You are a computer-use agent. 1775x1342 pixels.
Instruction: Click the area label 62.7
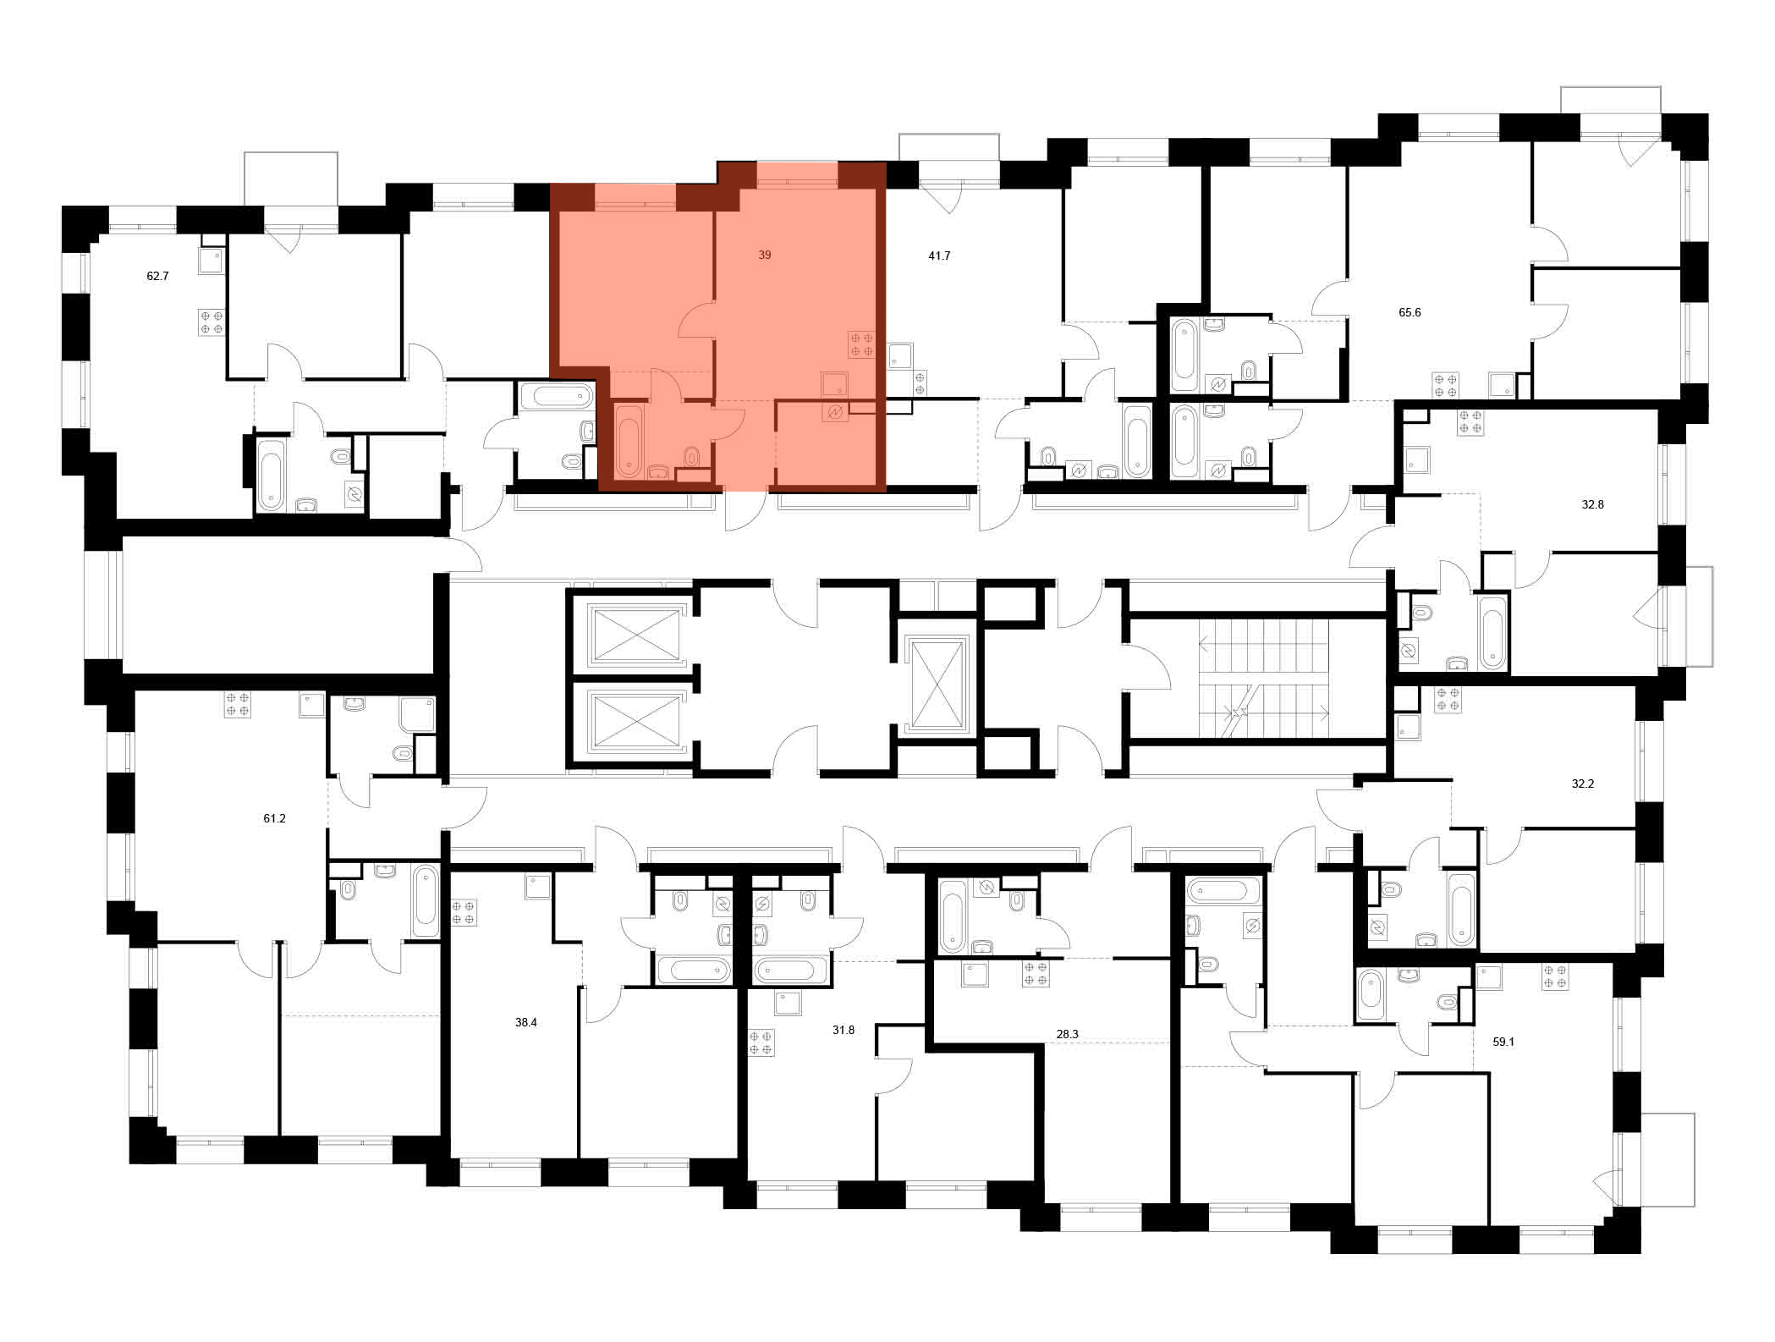click(x=157, y=276)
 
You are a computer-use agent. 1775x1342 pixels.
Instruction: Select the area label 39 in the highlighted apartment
click(x=764, y=255)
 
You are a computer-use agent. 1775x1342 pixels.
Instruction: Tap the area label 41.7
click(x=939, y=256)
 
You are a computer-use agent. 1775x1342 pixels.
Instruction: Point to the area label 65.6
click(x=1410, y=312)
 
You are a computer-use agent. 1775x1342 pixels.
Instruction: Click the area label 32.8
click(x=1592, y=504)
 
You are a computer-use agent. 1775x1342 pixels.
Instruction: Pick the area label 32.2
click(x=1582, y=784)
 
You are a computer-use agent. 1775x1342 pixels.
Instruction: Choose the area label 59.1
click(x=1503, y=1042)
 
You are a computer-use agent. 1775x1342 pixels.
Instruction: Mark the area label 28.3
click(x=1068, y=1034)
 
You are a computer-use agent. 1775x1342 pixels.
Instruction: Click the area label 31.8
click(x=844, y=1030)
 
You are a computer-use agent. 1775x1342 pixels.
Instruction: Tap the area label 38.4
click(x=526, y=1022)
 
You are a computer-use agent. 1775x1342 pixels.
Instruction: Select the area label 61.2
click(x=274, y=818)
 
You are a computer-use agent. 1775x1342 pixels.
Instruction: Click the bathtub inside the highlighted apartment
click(x=628, y=441)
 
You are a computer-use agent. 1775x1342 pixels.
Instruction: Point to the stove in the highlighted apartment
click(x=861, y=344)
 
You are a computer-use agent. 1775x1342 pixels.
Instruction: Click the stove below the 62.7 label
click(x=212, y=322)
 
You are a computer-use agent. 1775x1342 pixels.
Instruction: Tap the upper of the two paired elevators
click(x=636, y=633)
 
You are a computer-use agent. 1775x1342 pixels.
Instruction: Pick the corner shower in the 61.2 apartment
click(x=417, y=714)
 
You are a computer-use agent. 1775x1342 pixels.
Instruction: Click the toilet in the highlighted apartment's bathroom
click(x=692, y=458)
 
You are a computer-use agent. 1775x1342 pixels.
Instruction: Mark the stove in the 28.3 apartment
click(x=1036, y=973)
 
